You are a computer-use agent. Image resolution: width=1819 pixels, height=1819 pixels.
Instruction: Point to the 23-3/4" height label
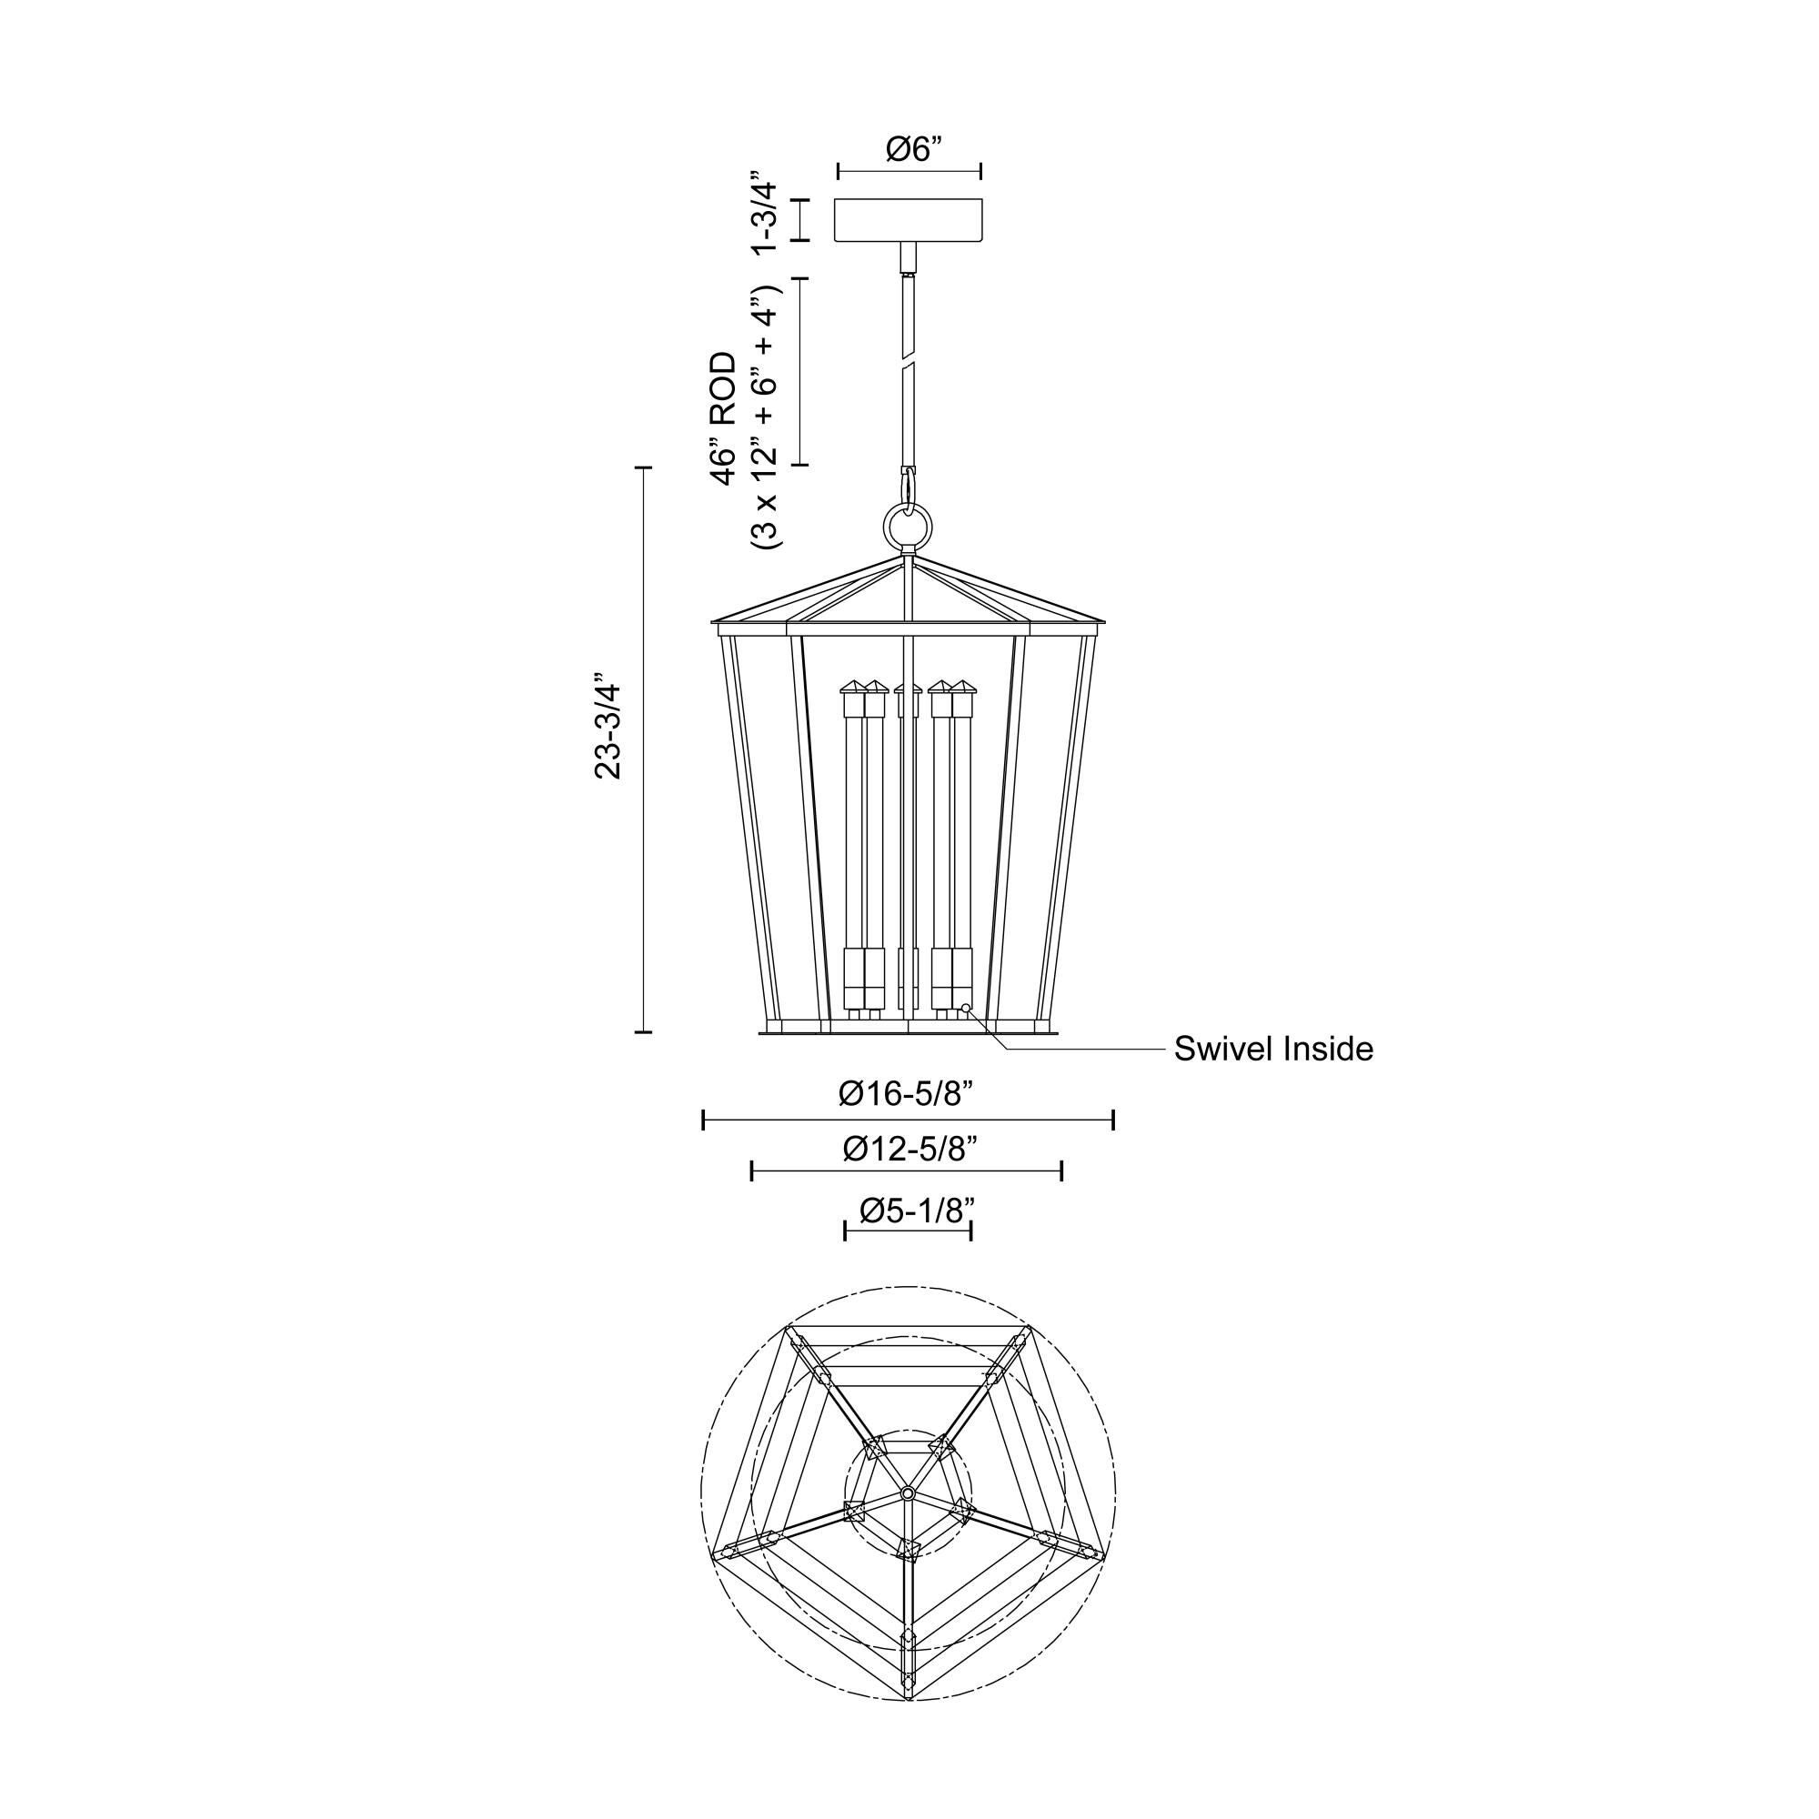[x=609, y=726]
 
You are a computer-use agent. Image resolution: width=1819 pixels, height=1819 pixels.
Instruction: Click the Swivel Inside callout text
[x=1273, y=1049]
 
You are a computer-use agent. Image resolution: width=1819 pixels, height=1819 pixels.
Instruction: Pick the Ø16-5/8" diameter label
[x=905, y=1093]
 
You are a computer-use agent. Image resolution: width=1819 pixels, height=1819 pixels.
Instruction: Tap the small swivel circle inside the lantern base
[x=966, y=1009]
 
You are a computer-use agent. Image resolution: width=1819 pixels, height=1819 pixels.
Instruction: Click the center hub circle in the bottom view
[x=908, y=1494]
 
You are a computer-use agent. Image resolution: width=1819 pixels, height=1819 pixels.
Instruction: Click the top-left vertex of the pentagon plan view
[x=789, y=1329]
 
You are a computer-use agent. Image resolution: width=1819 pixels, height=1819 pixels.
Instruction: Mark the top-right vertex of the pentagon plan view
[x=1028, y=1329]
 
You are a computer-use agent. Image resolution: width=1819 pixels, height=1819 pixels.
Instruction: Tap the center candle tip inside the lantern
[x=909, y=685]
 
